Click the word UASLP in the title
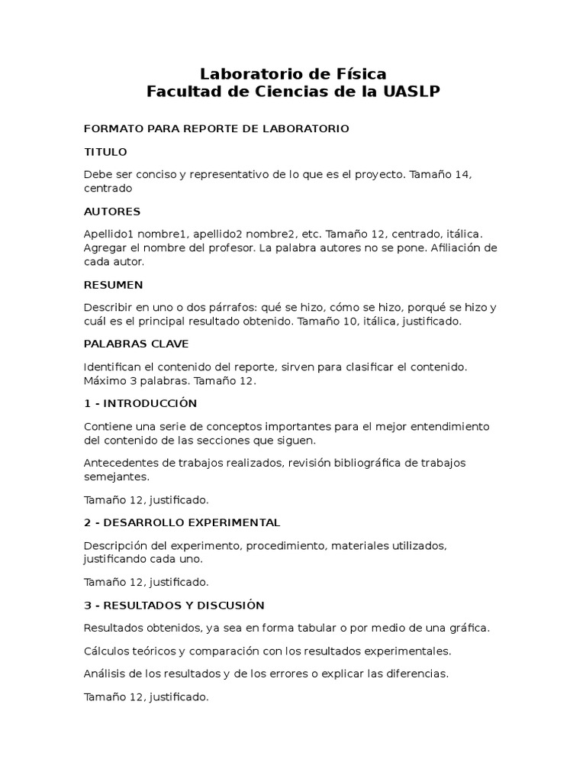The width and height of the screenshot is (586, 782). tap(412, 92)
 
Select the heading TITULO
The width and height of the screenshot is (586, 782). tap(105, 152)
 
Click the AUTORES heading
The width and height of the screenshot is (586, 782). tap(112, 212)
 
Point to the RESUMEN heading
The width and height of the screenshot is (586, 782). tap(113, 285)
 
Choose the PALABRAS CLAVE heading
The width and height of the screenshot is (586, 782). tap(136, 344)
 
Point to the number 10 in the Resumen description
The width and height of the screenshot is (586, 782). tap(373, 322)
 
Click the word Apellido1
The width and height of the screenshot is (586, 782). tap(112, 234)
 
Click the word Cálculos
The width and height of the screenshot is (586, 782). tap(108, 651)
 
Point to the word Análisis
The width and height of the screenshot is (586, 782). tap(106, 674)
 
